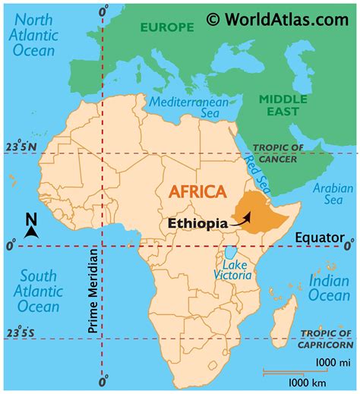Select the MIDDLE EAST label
(283, 106)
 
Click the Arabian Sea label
(334, 194)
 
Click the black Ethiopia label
(196, 224)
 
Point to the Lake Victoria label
(233, 268)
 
